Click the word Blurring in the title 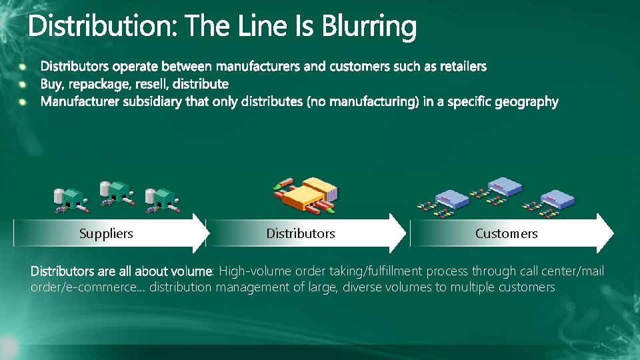click(369, 27)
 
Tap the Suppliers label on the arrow click(106, 233)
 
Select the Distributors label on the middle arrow click(301, 233)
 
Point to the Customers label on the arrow click(506, 233)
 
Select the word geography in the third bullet click(528, 101)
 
